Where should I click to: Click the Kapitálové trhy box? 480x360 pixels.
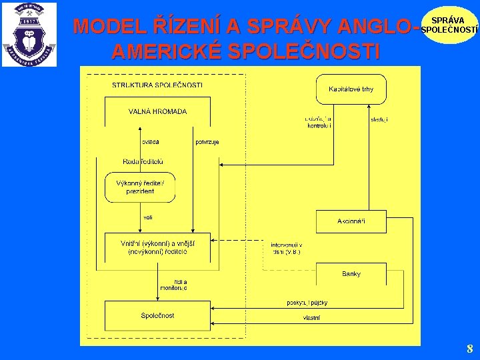351,89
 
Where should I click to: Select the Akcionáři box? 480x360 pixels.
351,221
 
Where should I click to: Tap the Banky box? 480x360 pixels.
351,274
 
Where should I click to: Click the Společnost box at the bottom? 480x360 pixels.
157,316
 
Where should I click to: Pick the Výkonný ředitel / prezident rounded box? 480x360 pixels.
140,187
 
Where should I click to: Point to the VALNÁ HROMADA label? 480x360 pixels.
157,112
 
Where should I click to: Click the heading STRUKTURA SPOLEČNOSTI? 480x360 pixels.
157,85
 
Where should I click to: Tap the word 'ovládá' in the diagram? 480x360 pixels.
150,141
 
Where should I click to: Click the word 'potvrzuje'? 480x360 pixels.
207,141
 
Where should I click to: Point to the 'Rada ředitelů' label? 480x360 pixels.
143,162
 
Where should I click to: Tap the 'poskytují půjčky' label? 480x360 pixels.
307,303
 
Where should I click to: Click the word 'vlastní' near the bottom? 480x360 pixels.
311,318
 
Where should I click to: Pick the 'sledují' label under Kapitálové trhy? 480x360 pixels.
379,120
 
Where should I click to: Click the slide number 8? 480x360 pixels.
469,349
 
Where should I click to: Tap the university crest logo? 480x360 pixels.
29,35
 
